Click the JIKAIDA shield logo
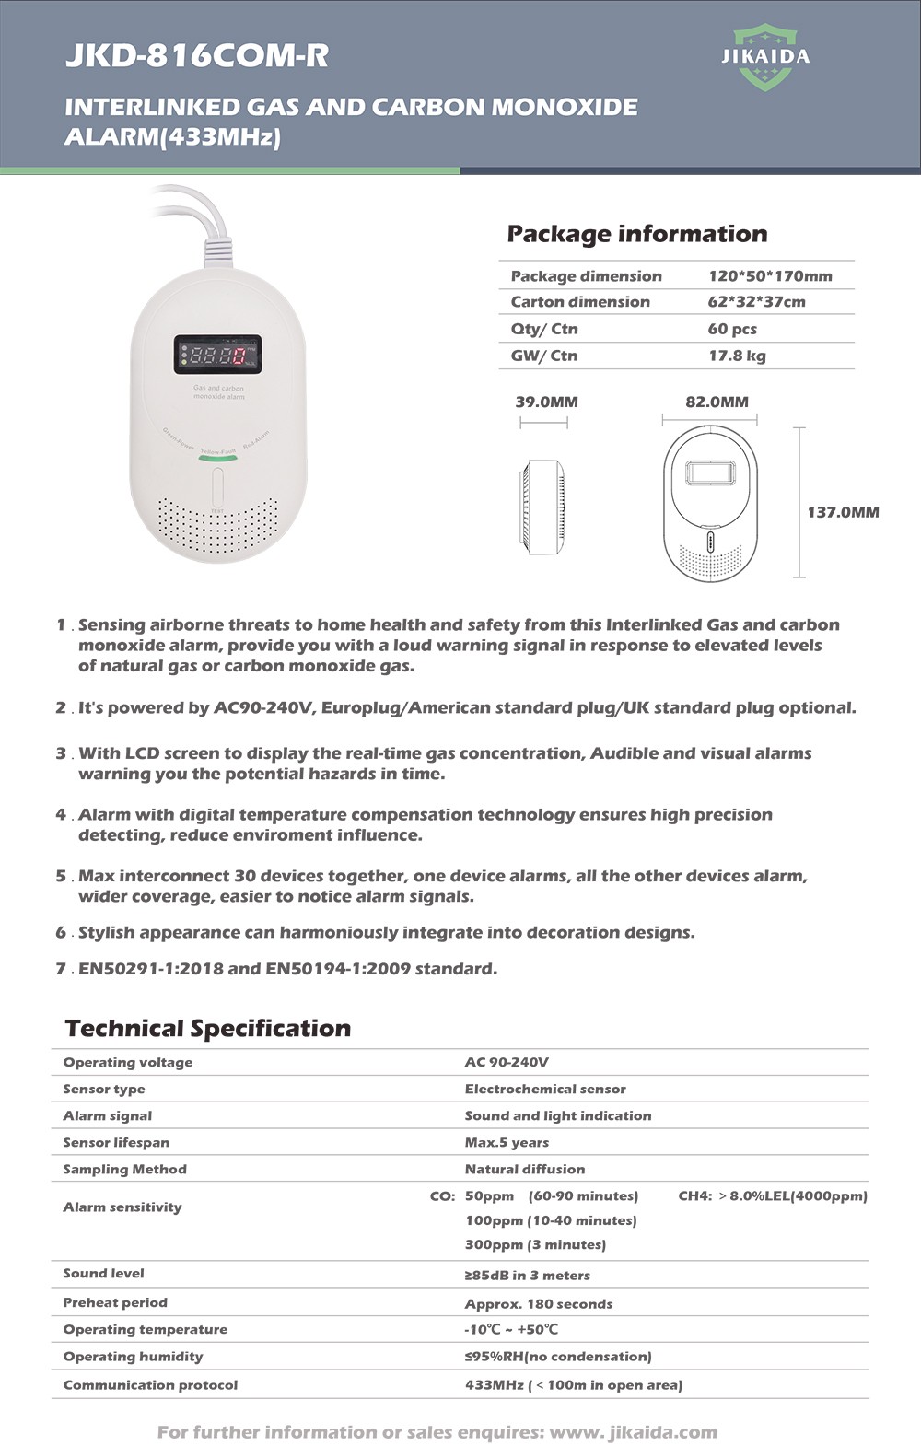(764, 57)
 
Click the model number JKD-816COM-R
(196, 55)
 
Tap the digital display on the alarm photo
(217, 355)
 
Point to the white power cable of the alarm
(210, 230)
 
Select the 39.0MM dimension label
(546, 402)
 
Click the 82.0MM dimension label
(717, 402)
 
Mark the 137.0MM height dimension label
(843, 512)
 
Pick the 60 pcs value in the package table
(732, 329)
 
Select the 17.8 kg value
(736, 356)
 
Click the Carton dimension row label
(580, 302)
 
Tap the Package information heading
(636, 234)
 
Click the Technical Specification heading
(208, 1028)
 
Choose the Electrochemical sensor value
(544, 1089)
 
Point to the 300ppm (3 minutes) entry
(535, 1244)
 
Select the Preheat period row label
(115, 1302)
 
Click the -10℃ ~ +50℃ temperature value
(511, 1329)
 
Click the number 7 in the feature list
(61, 969)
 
